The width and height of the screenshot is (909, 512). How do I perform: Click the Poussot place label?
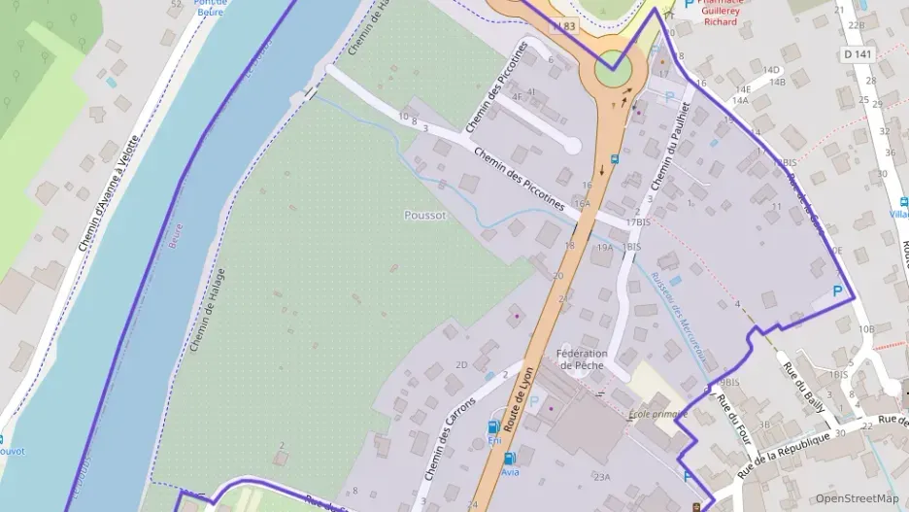pos(424,215)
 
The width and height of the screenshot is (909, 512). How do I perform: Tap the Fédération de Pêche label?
pos(583,359)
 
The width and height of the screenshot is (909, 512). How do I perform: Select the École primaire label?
pos(657,414)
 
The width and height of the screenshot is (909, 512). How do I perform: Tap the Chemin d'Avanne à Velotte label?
pos(109,193)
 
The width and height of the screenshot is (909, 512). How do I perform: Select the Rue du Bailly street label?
pos(803,387)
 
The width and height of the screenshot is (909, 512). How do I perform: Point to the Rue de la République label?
pos(785,453)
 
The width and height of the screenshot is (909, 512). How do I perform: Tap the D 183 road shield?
pos(563,26)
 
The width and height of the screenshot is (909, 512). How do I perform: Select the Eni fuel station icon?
pos(493,427)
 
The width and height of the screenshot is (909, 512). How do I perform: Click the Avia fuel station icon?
pos(510,458)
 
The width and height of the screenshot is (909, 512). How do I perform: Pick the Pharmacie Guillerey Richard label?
pos(721,12)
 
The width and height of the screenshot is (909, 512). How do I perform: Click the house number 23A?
pos(602,477)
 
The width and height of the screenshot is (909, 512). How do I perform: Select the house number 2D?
pos(461,365)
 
